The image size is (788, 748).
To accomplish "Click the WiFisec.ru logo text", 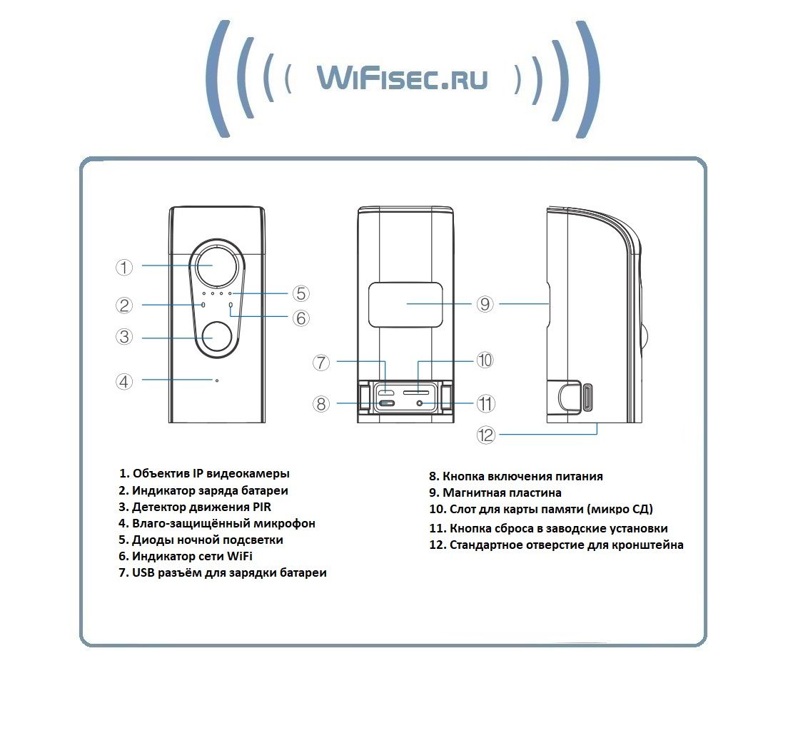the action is [402, 78].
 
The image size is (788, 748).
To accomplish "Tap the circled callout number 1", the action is [124, 267].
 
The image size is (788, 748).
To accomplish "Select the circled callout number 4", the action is [124, 382].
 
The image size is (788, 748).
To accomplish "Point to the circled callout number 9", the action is [485, 303].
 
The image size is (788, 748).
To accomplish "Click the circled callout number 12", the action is [486, 435].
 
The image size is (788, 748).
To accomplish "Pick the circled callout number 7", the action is [321, 363].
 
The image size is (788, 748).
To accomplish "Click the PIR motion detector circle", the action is [218, 337].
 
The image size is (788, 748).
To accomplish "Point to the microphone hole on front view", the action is [216, 380].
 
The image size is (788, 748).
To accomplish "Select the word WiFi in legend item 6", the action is [240, 557].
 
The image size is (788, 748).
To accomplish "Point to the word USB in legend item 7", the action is [143, 573].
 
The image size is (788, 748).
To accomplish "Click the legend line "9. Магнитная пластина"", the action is [495, 492].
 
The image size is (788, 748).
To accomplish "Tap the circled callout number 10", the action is [485, 360].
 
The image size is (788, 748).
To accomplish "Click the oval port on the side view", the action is [587, 398].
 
